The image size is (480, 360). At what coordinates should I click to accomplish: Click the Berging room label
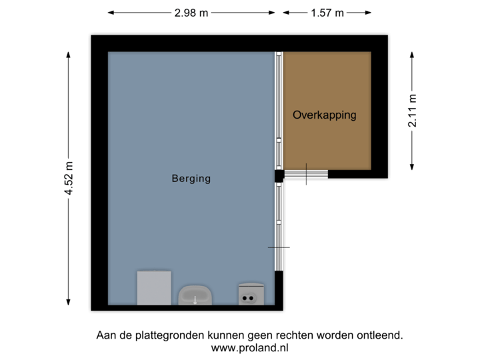(x=191, y=179)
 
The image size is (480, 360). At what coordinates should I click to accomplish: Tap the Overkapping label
(x=324, y=115)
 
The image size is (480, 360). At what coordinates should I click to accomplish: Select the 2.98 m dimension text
(x=192, y=12)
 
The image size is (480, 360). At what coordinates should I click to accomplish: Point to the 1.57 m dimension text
(x=327, y=12)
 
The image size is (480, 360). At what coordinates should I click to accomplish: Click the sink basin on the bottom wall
(x=195, y=294)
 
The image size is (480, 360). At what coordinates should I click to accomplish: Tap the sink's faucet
(x=195, y=299)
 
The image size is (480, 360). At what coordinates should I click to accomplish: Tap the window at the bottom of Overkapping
(x=306, y=175)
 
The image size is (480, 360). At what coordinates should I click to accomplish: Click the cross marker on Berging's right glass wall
(x=279, y=247)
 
